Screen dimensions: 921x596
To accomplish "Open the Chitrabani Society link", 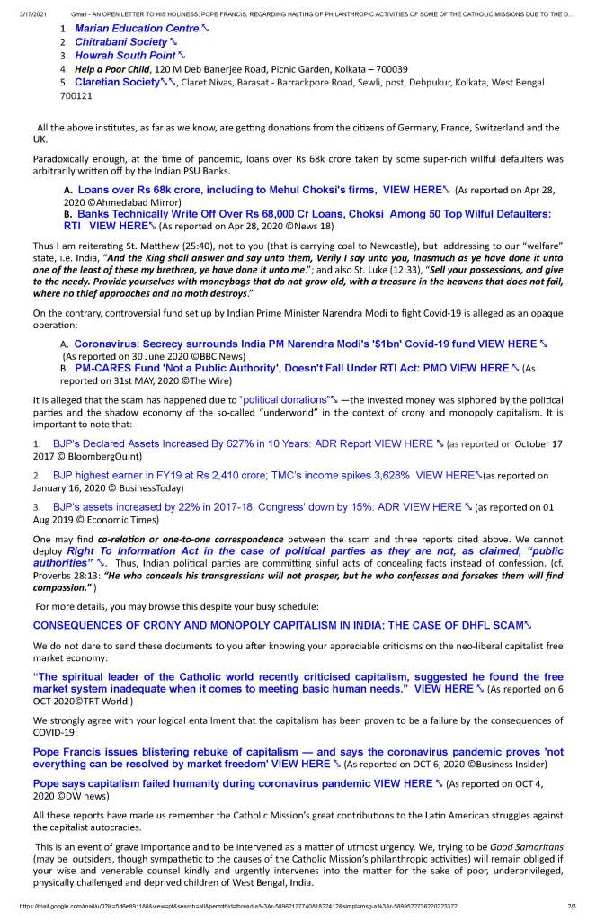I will (120, 42).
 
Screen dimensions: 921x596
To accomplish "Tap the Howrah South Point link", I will (124, 56).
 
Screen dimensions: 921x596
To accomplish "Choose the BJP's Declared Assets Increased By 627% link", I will (243, 443).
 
